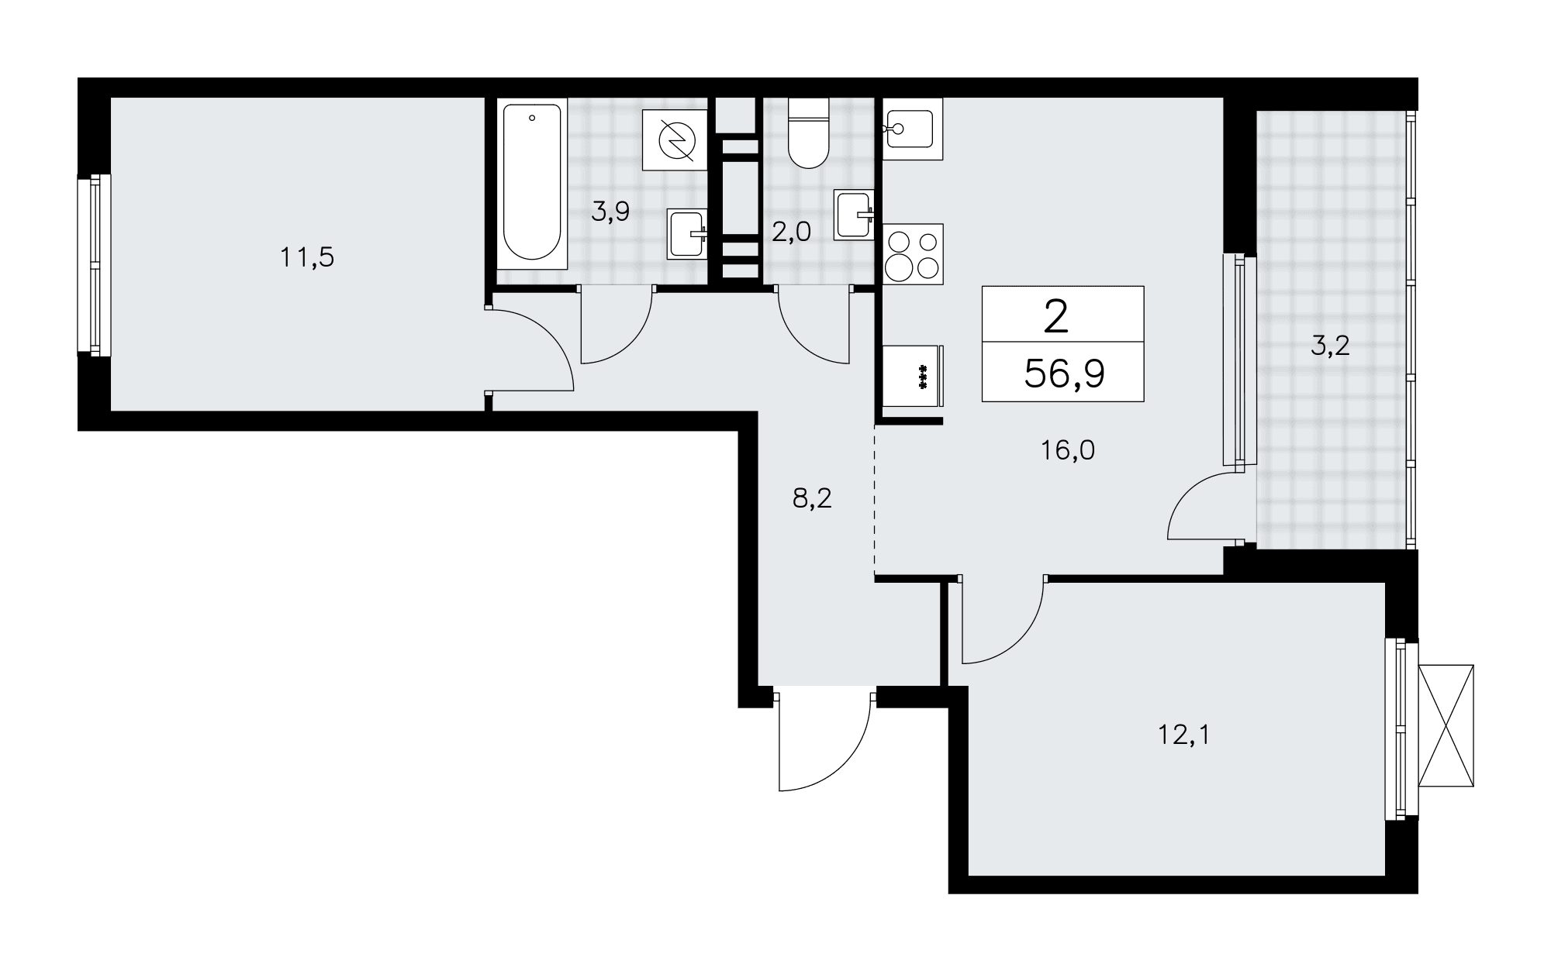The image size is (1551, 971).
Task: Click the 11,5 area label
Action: pyautogui.click(x=307, y=257)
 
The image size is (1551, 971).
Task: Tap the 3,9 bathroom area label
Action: pyautogui.click(x=610, y=212)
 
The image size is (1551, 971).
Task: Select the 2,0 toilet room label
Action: pyautogui.click(x=791, y=232)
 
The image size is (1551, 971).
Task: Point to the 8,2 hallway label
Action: pyautogui.click(x=812, y=498)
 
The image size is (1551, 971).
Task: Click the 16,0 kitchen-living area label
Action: pyautogui.click(x=1068, y=450)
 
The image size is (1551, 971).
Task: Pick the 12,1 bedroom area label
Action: pyautogui.click(x=1183, y=734)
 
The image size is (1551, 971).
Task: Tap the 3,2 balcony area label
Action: pyautogui.click(x=1331, y=346)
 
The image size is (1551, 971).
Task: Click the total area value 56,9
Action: pyautogui.click(x=1064, y=374)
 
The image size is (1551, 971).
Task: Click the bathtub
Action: pyautogui.click(x=532, y=182)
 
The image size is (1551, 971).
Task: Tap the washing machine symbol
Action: pyautogui.click(x=675, y=140)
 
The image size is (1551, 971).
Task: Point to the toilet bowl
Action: pyautogui.click(x=808, y=133)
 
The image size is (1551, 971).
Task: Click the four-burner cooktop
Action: pyautogui.click(x=913, y=253)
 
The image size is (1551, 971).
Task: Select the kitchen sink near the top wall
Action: pyautogui.click(x=913, y=129)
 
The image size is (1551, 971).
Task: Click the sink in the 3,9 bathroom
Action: pyautogui.click(x=688, y=234)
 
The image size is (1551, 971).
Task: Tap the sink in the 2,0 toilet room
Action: pyautogui.click(x=855, y=215)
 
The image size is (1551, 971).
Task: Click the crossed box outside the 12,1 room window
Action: pyautogui.click(x=1446, y=725)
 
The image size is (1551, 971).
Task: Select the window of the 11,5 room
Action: pyautogui.click(x=95, y=265)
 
